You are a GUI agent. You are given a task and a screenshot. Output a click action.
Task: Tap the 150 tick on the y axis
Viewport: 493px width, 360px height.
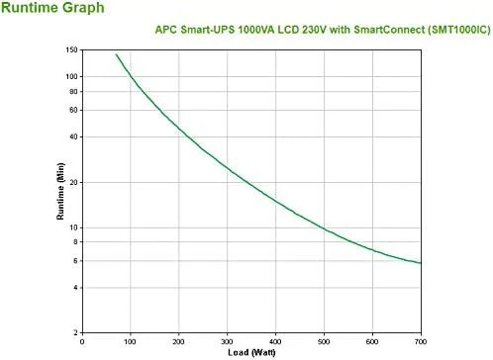click(72, 49)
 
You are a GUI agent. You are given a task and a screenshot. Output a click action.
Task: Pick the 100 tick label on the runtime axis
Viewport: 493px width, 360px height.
click(72, 76)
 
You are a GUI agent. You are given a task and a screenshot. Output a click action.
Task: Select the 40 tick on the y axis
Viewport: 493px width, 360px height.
click(74, 136)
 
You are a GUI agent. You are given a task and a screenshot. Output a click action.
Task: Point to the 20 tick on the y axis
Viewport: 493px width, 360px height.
click(74, 182)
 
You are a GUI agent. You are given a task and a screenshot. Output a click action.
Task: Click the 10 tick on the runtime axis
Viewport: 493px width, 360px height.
click(74, 227)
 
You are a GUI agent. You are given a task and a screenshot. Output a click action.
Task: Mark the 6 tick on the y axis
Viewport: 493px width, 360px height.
click(76, 261)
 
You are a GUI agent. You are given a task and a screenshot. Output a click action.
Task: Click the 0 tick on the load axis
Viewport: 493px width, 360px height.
click(82, 342)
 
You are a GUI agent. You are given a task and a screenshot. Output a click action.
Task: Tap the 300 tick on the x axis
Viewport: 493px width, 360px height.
click(228, 342)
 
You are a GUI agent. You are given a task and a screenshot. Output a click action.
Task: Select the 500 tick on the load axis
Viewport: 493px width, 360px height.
click(326, 342)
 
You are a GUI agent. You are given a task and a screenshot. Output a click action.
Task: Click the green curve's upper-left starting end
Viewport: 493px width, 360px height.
click(117, 55)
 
